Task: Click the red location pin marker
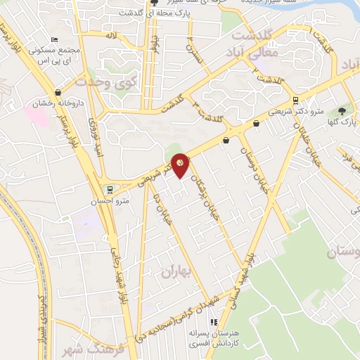coord(181,165)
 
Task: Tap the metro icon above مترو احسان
coord(108,189)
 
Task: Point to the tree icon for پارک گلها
coord(342,110)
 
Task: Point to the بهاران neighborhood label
coord(176,271)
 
